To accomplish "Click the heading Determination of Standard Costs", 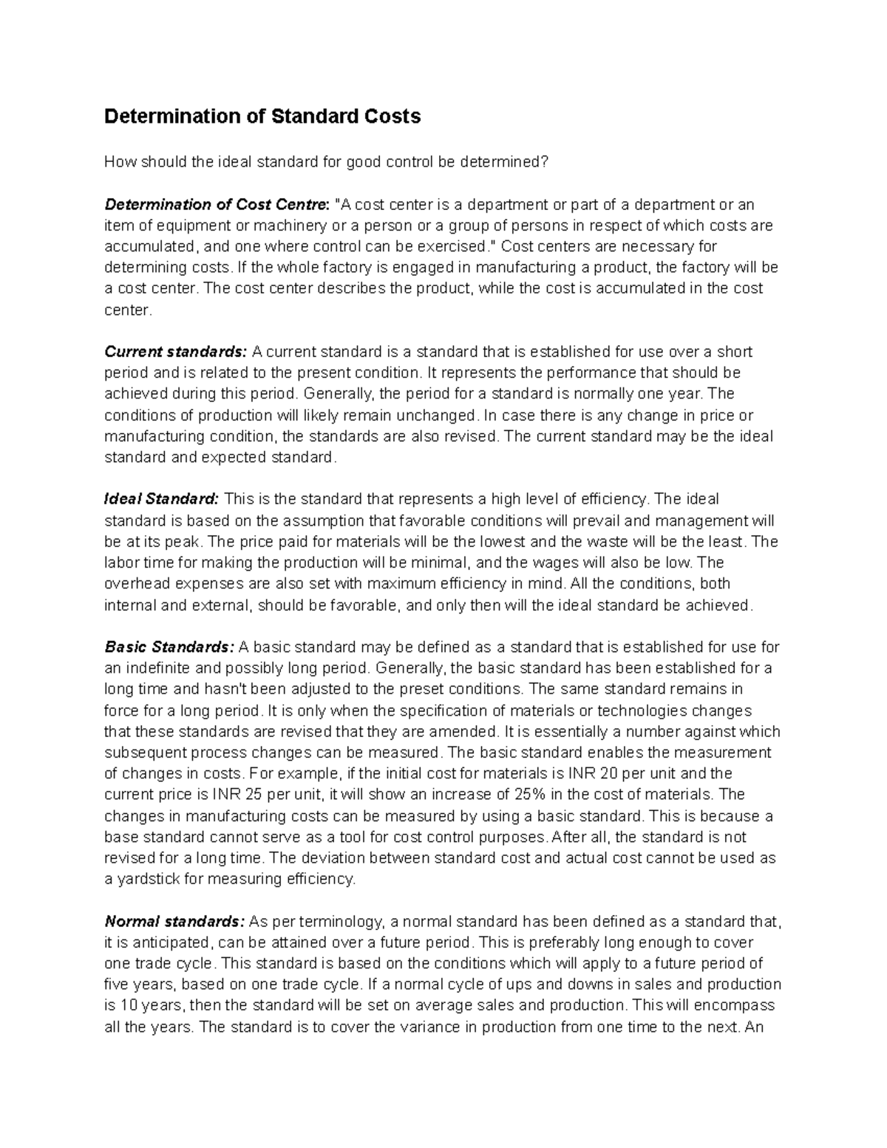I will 262,117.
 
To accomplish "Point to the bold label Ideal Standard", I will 162,499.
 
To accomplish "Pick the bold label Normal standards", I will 174,922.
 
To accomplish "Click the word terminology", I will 342,922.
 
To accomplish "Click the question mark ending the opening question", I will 546,163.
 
